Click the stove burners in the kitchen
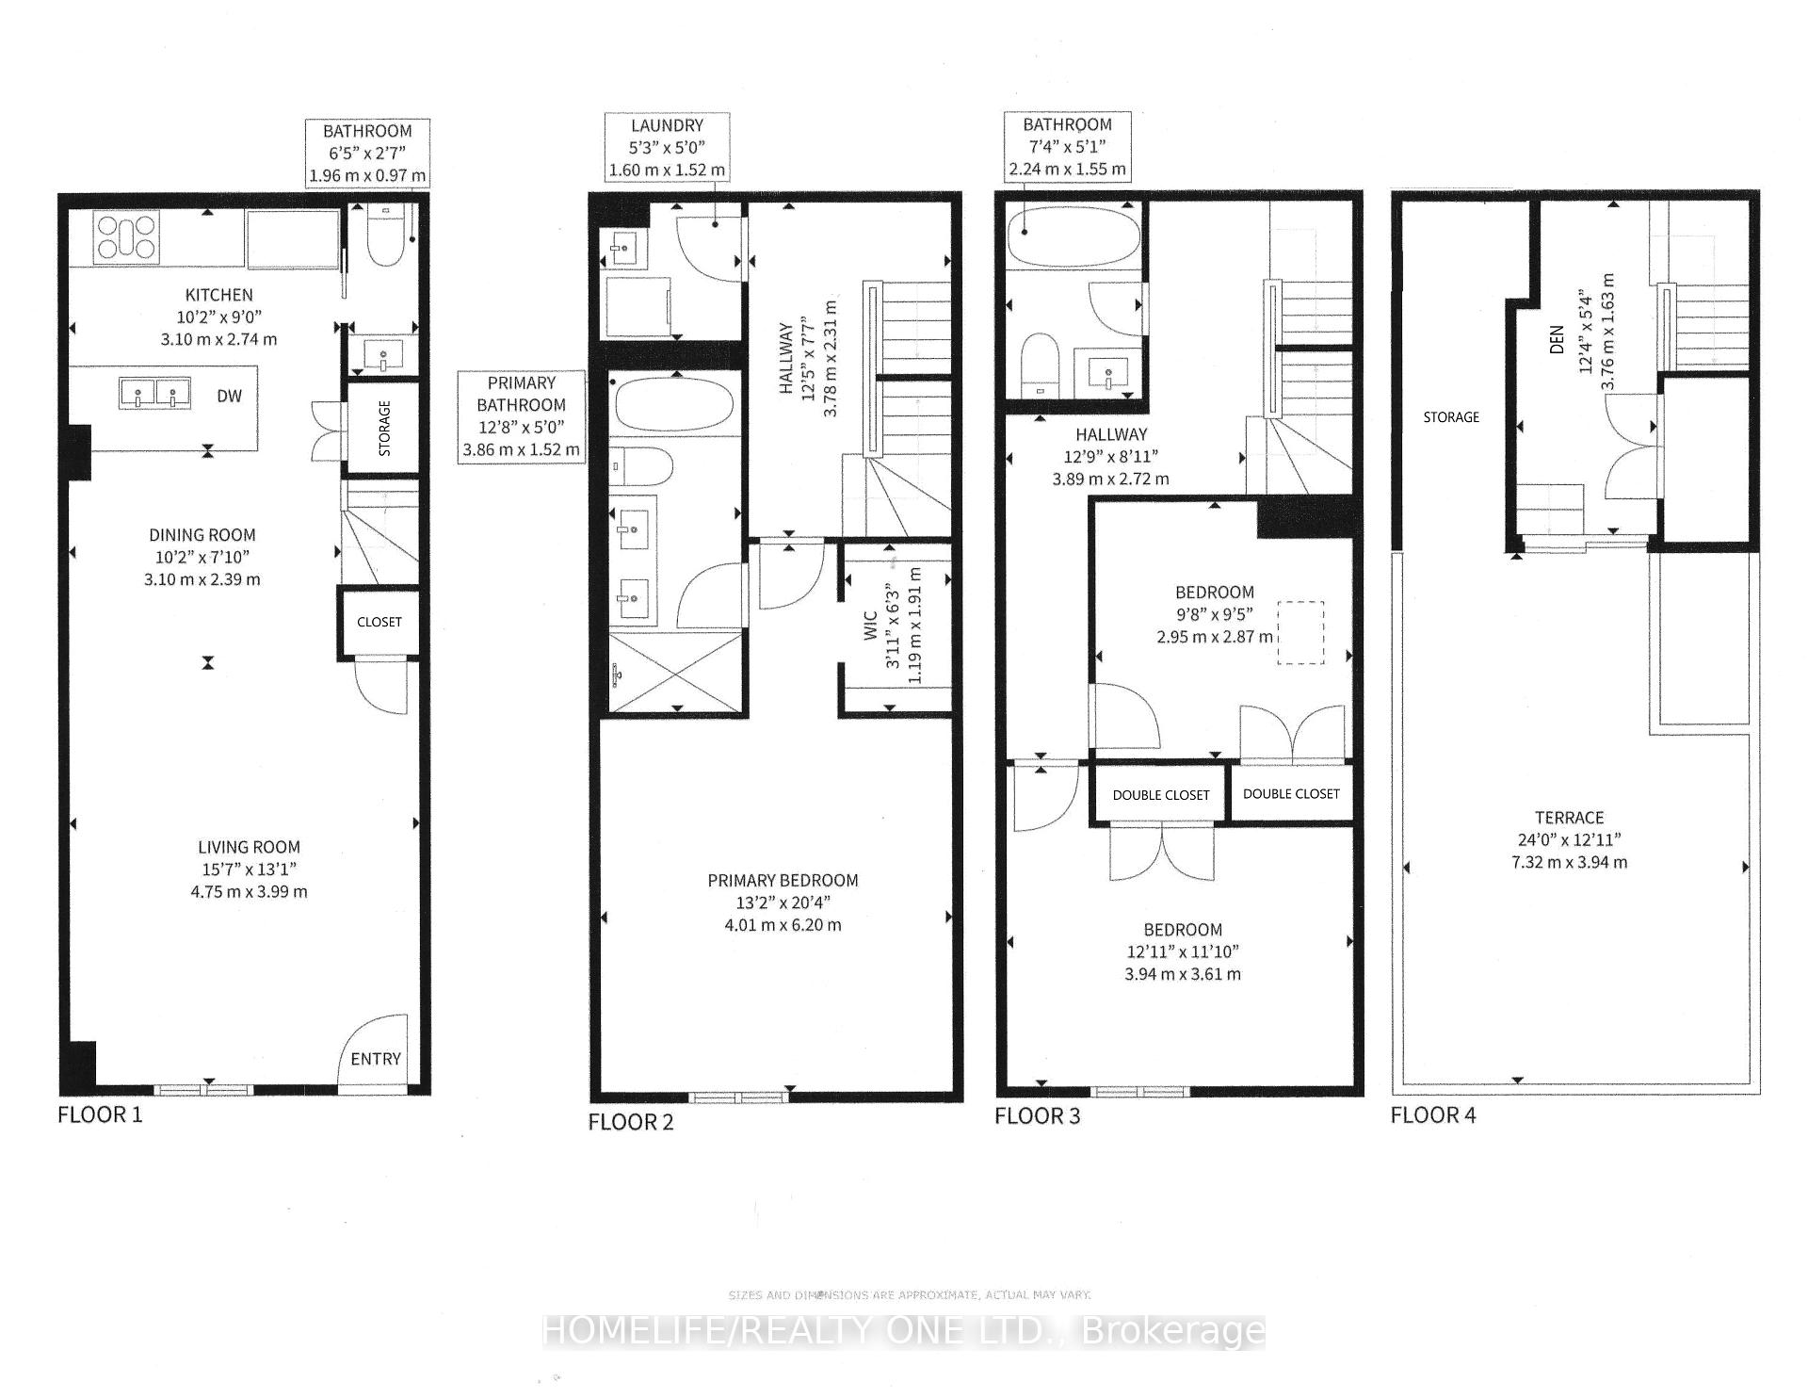click(126, 236)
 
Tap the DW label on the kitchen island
click(229, 396)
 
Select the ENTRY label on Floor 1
click(376, 1059)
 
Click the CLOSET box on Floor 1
click(379, 622)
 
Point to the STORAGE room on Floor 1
click(384, 429)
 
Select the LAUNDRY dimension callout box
click(667, 148)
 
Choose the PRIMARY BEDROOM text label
click(783, 881)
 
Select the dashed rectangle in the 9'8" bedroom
click(1300, 632)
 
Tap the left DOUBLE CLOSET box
click(1160, 795)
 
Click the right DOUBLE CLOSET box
click(1290, 794)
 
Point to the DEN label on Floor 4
click(1556, 340)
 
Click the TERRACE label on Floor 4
click(1569, 818)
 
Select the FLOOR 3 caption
click(1037, 1117)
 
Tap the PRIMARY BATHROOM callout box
click(521, 416)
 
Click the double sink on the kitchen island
click(153, 393)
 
